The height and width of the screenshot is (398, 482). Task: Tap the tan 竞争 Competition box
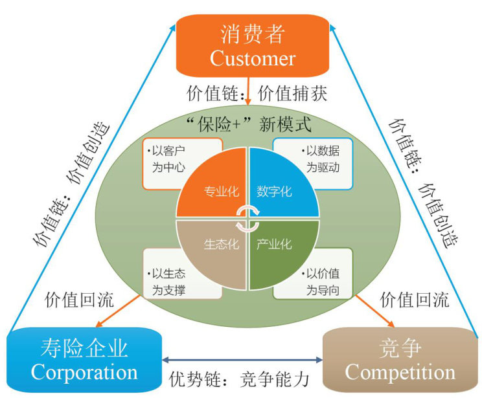point(400,360)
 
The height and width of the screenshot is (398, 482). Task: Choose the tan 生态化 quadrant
point(214,249)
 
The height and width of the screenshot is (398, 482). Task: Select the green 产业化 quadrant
point(279,249)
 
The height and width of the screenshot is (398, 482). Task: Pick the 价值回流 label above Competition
point(414,300)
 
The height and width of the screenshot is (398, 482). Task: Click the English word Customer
point(252,58)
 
